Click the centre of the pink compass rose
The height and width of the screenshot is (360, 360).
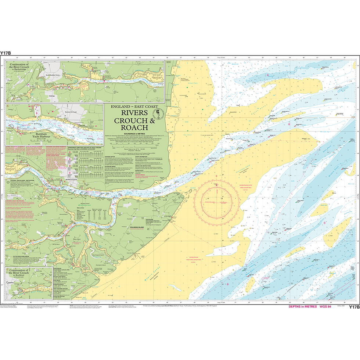(217, 201)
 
